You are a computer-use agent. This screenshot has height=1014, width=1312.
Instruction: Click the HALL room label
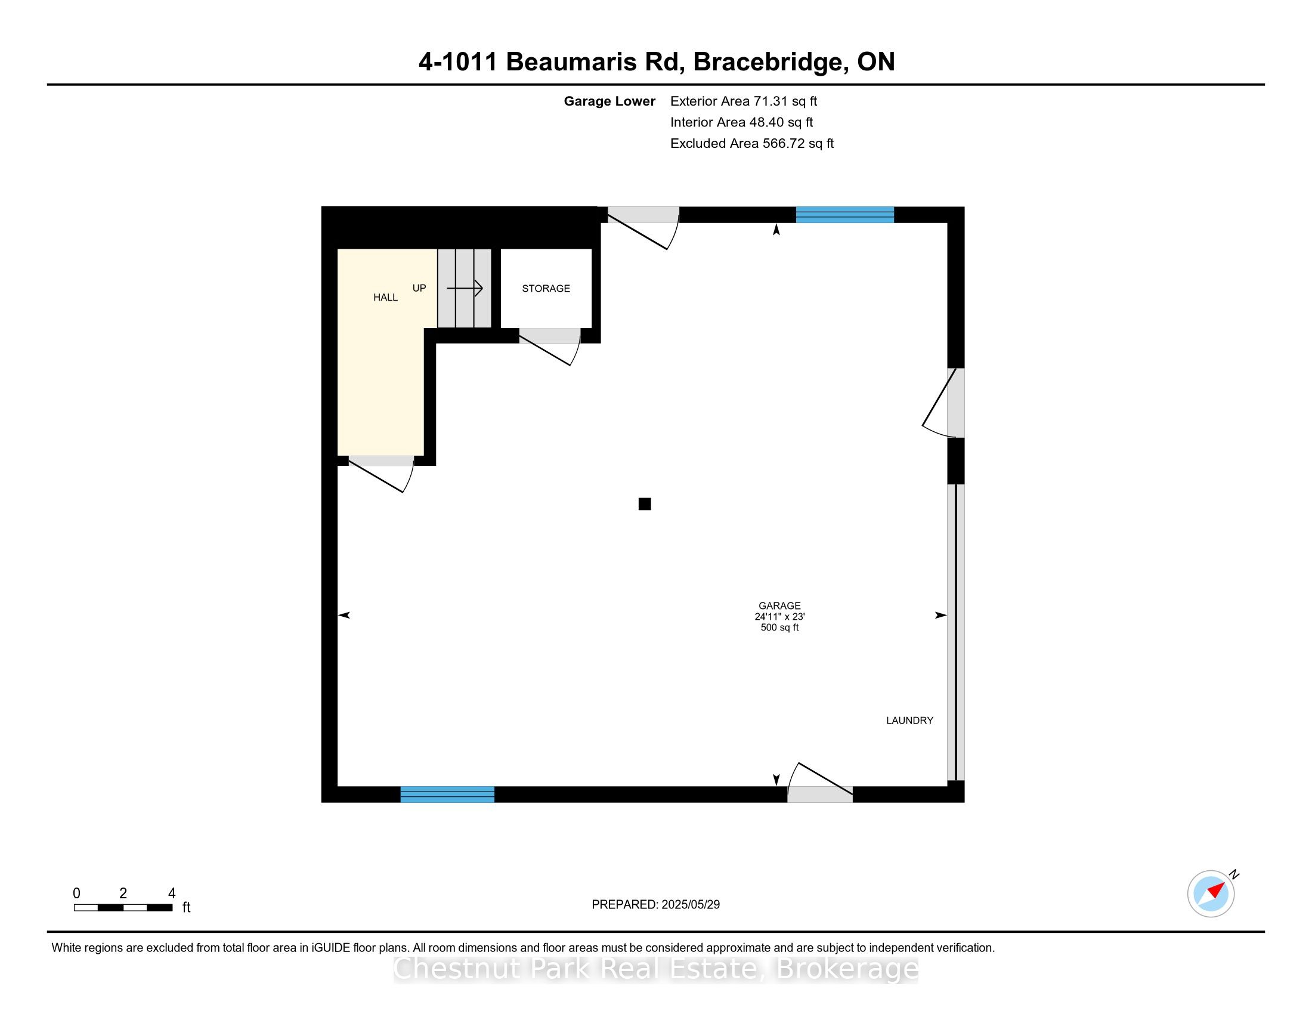385,298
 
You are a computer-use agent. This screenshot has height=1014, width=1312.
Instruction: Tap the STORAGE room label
546,288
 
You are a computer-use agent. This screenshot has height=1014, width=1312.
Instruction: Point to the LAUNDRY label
909,721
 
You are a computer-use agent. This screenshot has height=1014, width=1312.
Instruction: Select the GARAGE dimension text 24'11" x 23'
779,616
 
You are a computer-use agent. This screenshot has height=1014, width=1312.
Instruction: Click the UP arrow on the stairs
465,288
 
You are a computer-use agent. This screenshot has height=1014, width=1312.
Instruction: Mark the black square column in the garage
645,504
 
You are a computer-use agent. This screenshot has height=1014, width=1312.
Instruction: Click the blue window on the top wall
844,215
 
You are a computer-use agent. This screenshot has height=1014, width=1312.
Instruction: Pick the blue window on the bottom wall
447,794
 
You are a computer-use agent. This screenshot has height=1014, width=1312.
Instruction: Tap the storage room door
550,347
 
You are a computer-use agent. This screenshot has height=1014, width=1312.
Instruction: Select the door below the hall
382,474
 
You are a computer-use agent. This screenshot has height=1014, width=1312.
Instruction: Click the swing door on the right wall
944,403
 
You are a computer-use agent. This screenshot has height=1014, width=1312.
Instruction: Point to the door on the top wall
643,228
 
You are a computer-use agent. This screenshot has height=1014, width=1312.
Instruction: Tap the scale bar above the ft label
123,908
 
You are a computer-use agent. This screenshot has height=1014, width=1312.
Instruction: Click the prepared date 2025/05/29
690,905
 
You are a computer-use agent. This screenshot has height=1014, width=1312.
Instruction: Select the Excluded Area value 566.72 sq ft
798,144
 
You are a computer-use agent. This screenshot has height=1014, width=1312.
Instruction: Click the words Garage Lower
609,101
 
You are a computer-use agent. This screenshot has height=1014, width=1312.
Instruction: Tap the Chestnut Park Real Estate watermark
655,968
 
